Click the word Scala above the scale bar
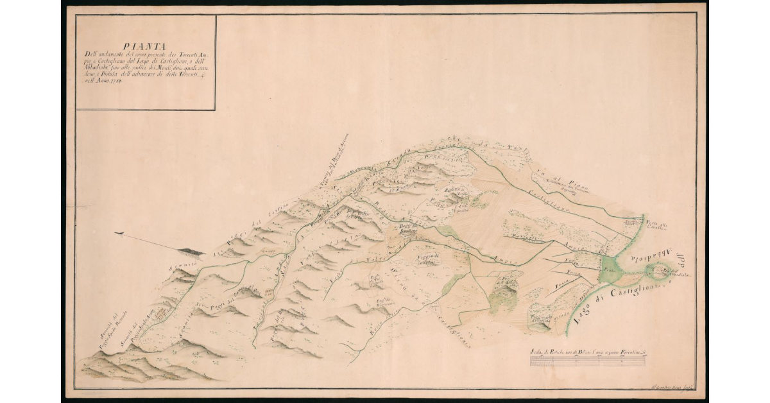point(538,352)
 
